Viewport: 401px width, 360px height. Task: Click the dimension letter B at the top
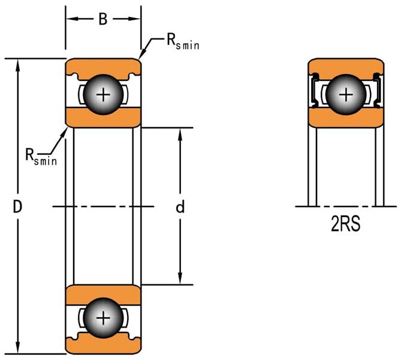[103, 19]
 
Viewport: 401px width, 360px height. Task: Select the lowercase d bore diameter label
[179, 207]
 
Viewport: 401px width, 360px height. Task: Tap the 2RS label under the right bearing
[345, 227]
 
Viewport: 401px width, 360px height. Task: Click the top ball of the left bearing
[104, 94]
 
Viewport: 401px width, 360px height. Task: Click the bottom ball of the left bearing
[104, 317]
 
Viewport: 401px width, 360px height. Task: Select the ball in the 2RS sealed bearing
[346, 94]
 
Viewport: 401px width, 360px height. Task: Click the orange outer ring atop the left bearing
[103, 65]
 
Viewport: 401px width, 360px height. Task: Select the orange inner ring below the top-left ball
[103, 118]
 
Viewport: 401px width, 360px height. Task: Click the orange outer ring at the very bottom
[103, 347]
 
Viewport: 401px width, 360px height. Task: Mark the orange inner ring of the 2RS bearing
[346, 118]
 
